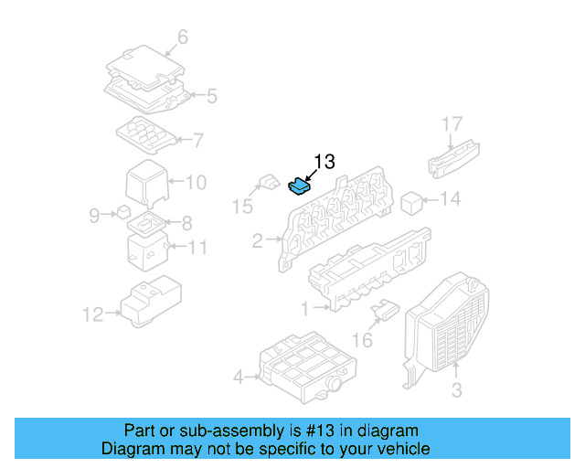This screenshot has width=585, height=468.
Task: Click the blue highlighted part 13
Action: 298,186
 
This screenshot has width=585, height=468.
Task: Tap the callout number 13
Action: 324,162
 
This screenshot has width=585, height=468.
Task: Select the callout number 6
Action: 182,37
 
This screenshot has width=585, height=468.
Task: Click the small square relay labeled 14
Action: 411,200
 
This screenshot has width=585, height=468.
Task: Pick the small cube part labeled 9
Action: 122,214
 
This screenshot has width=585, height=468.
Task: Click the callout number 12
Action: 92,315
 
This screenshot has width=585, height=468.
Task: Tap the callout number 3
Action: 456,391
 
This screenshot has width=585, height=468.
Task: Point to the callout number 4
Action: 239,376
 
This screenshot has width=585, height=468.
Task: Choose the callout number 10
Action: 196,182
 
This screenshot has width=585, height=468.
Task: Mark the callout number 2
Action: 258,241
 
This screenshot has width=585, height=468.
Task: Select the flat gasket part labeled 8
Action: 145,221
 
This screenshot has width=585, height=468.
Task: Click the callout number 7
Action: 197,140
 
